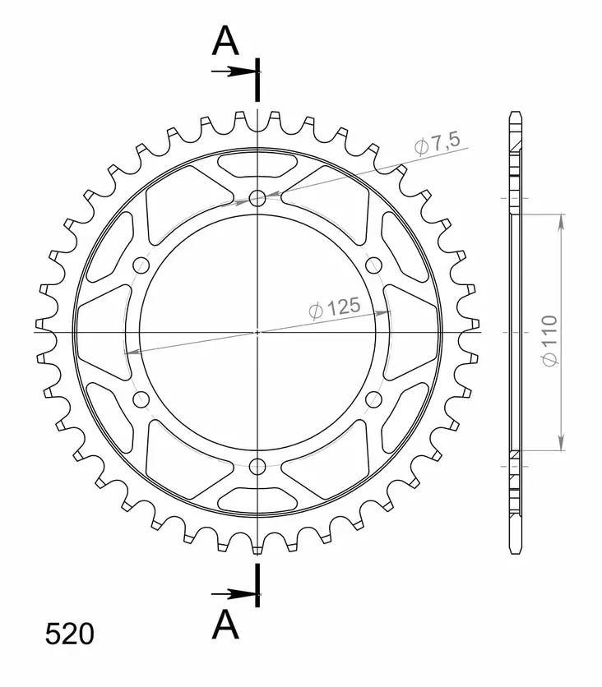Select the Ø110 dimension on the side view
click(549, 339)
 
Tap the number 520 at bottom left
click(69, 634)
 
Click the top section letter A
click(225, 41)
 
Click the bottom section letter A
click(225, 625)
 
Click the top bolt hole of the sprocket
click(257, 197)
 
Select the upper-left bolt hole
click(141, 265)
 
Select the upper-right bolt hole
click(374, 265)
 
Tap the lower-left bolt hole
click(141, 400)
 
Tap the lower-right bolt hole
click(374, 400)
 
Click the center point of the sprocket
click(257, 332)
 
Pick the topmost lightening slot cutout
click(257, 164)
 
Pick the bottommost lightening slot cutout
click(257, 500)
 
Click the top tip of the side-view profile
click(515, 113)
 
